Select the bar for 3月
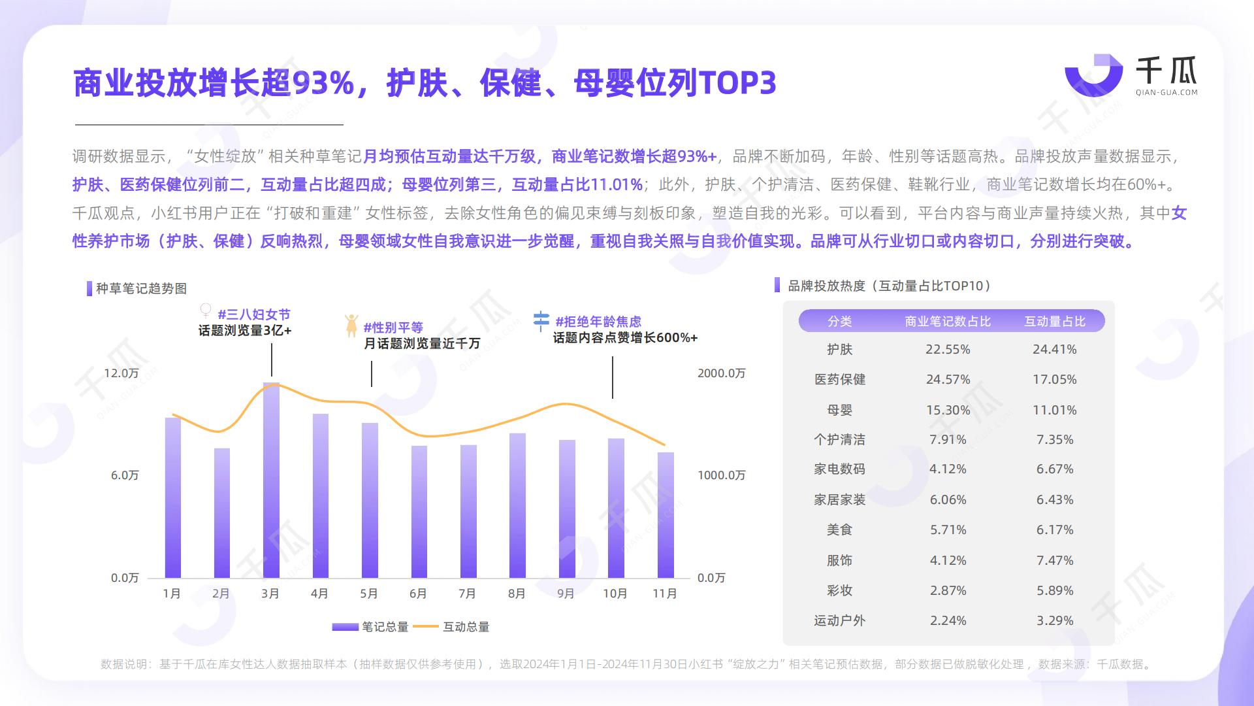(271, 480)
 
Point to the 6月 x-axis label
(418, 594)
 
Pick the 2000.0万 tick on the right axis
(721, 373)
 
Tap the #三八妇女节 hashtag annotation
(254, 314)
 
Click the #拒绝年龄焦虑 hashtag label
(598, 322)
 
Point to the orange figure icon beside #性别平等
(351, 325)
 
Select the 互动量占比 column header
(1055, 322)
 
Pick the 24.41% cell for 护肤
(1054, 350)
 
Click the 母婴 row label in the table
(839, 411)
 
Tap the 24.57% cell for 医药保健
(948, 380)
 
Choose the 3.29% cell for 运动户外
(1054, 621)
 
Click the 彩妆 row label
(839, 591)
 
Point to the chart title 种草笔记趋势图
(141, 289)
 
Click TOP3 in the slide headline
(737, 83)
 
